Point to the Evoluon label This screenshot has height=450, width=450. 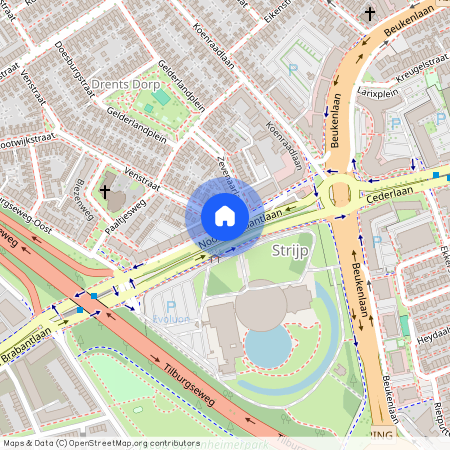(x=171, y=319)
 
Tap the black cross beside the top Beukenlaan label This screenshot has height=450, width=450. (x=370, y=14)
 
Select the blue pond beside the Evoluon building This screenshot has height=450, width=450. (x=267, y=347)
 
